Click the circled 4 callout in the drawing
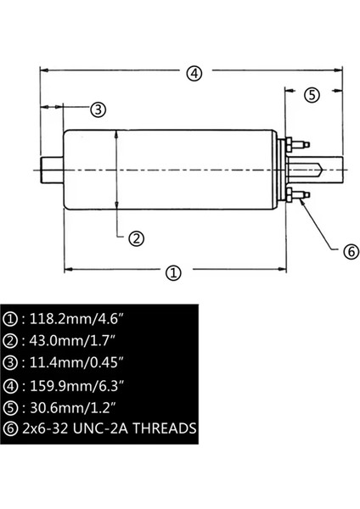coord(194,73)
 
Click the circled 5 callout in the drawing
coord(312,95)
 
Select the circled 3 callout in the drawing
coord(98,109)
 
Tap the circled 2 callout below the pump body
coord(137,238)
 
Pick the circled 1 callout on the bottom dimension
coord(173,272)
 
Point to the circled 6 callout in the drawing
coord(351,252)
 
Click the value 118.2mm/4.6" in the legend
coord(77,319)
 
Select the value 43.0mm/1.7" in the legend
coord(72,341)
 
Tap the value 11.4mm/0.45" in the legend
coord(77,362)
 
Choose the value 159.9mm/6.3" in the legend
coord(77,386)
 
